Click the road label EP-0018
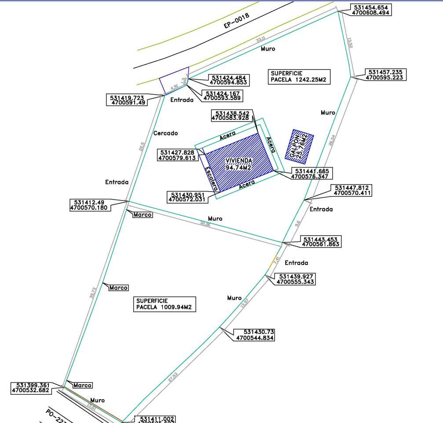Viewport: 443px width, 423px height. click(237, 20)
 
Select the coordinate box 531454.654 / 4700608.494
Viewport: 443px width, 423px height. click(370, 10)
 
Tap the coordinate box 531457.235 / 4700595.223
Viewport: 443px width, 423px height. click(385, 75)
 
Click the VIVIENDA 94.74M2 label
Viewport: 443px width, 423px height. click(238, 164)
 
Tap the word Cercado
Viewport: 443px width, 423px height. click(165, 133)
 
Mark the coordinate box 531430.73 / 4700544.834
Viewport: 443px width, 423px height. click(255, 335)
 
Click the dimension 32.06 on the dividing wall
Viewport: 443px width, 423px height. click(205, 224)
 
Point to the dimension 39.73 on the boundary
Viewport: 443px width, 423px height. click(92, 293)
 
